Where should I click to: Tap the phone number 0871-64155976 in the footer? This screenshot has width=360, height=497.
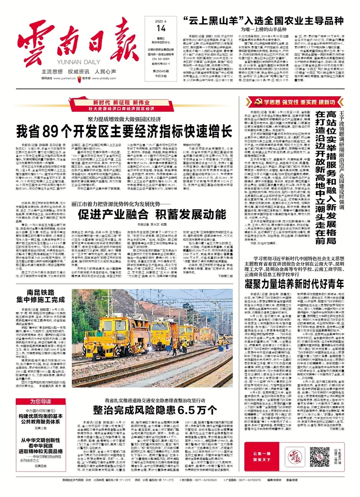click(x=253, y=492)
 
